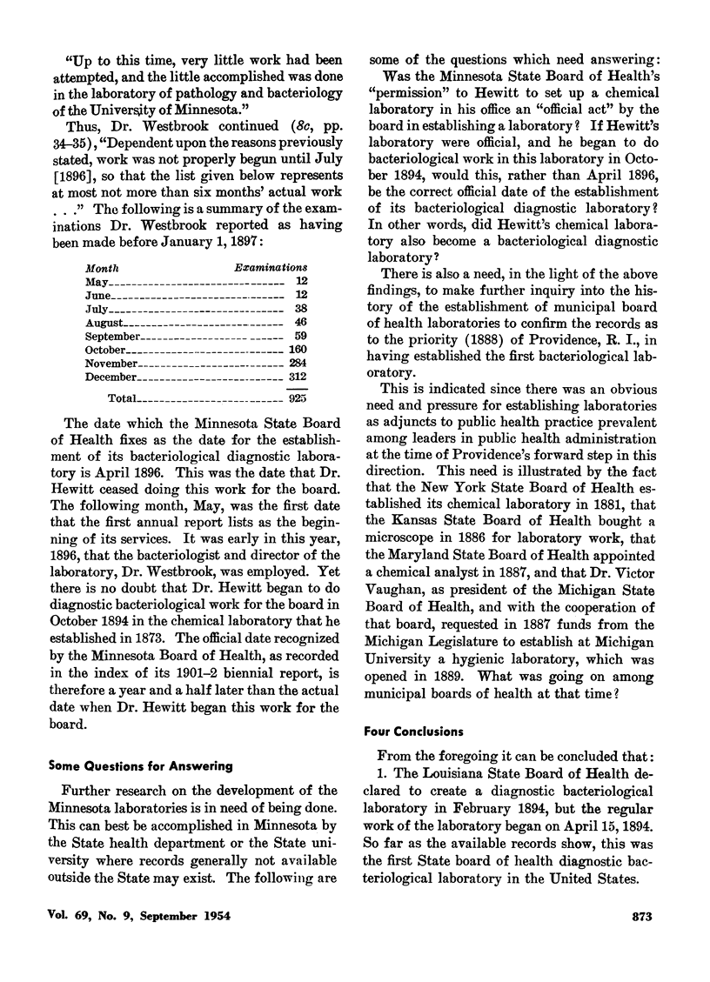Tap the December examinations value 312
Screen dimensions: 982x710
(296, 377)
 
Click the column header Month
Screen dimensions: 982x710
(102, 269)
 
